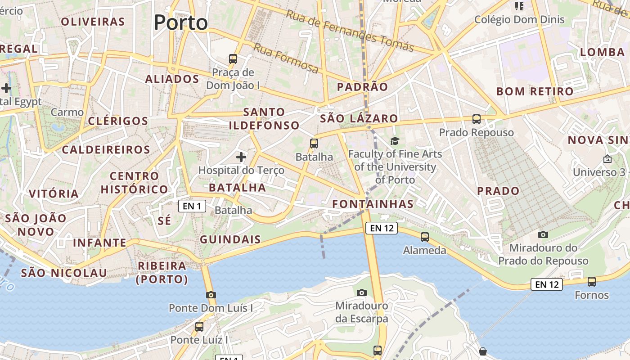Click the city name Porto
pyautogui.click(x=181, y=22)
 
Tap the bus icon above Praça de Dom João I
pyautogui.click(x=233, y=58)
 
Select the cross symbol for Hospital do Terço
pyautogui.click(x=241, y=157)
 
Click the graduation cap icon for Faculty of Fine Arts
pyautogui.click(x=395, y=141)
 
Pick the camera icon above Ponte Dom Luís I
pyautogui.click(x=211, y=295)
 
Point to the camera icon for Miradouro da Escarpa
pyautogui.click(x=361, y=293)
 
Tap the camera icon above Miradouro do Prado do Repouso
pyautogui.click(x=543, y=234)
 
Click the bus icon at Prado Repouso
pyautogui.click(x=477, y=119)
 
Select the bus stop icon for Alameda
pyautogui.click(x=424, y=237)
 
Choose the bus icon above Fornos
pyautogui.click(x=592, y=282)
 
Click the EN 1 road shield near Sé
pyautogui.click(x=192, y=206)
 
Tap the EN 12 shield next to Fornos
pyautogui.click(x=547, y=284)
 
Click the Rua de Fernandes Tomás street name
pyautogui.click(x=350, y=31)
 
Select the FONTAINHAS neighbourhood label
pyautogui.click(x=373, y=204)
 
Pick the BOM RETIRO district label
pyautogui.click(x=535, y=91)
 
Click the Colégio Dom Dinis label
pyautogui.click(x=519, y=19)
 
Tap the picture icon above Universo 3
pyautogui.click(x=607, y=159)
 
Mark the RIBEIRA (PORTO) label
pyautogui.click(x=162, y=272)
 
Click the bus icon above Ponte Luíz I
pyautogui.click(x=199, y=327)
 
